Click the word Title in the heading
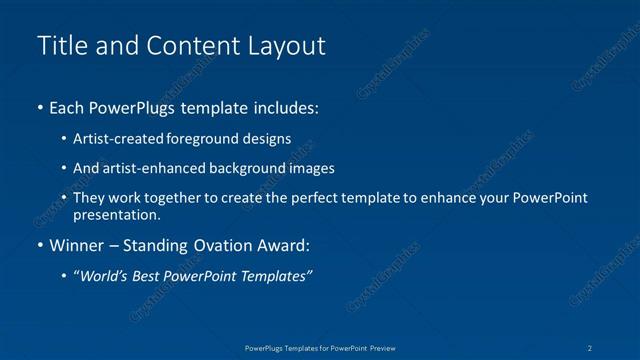[59, 46]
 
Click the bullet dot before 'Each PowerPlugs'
[39, 106]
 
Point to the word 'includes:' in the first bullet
[286, 106]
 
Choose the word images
[308, 168]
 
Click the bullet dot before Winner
[39, 245]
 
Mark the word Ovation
[226, 245]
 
